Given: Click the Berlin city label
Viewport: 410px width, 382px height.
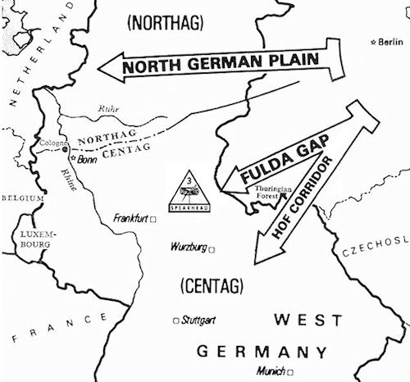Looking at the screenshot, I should (x=393, y=41).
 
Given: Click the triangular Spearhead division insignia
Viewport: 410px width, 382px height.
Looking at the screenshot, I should (x=191, y=193).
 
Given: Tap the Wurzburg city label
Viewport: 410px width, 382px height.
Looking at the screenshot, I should (x=188, y=247).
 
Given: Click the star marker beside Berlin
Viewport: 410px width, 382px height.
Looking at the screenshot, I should (x=374, y=41).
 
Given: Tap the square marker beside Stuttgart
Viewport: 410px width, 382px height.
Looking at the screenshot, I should (x=175, y=321).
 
